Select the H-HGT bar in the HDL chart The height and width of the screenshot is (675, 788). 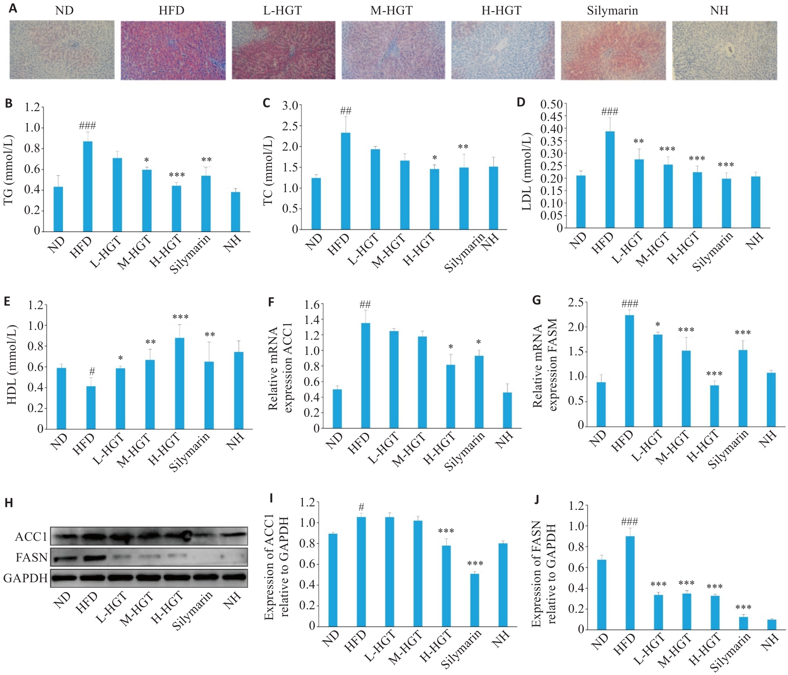pyautogui.click(x=179, y=383)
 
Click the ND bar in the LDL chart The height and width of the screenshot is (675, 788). pyautogui.click(x=581, y=202)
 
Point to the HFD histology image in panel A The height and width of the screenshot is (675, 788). pyautogui.click(x=173, y=50)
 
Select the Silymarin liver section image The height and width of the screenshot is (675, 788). pyautogui.click(x=613, y=50)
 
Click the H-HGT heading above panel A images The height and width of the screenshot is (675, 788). pyautogui.click(x=501, y=11)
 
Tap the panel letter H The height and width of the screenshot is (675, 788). pyautogui.click(x=9, y=503)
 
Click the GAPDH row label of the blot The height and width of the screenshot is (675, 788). pyautogui.click(x=25, y=578)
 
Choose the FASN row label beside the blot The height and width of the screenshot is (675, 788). pyautogui.click(x=31, y=557)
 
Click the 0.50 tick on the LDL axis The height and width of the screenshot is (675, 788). pyautogui.click(x=551, y=104)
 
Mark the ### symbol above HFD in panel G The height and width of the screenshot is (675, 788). pyautogui.click(x=629, y=304)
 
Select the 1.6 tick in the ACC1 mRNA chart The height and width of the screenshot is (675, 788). pyautogui.click(x=311, y=304)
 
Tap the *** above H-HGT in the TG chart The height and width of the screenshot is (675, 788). pyautogui.click(x=177, y=175)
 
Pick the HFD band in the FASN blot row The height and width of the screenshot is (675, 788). pyautogui.click(x=92, y=557)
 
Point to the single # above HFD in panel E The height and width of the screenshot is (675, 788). pyautogui.click(x=92, y=371)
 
